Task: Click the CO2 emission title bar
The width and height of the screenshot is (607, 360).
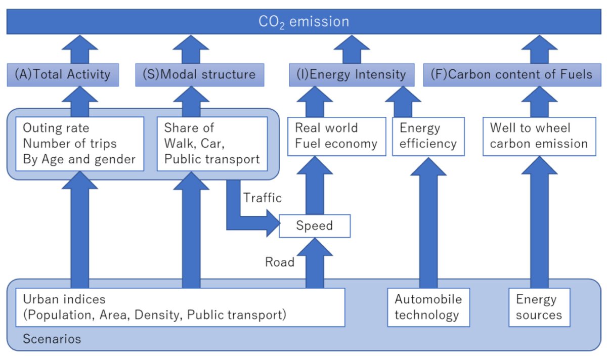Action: pos(303,22)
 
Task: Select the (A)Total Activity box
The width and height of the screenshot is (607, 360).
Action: pos(63,75)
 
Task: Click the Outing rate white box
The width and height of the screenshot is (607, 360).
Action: pos(79,144)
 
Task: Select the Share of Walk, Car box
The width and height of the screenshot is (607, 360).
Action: pos(212,144)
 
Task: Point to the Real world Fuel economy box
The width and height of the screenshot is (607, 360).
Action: pos(336,136)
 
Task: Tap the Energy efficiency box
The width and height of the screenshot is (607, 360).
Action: pos(428,136)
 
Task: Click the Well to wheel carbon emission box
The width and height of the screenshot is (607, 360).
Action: pos(539,136)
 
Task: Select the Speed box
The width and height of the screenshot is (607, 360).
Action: pos(315,226)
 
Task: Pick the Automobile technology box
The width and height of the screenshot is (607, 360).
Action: pos(428,307)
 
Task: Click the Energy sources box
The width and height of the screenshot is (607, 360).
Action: pos(539,307)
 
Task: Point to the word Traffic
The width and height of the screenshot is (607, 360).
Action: pos(263,198)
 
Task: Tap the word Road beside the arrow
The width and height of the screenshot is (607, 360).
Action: pos(280,262)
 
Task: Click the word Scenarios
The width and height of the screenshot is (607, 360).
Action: pos(52,339)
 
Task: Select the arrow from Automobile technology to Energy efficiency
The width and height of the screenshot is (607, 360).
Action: pos(428,222)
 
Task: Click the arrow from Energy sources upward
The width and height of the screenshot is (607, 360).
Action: pos(539,222)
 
